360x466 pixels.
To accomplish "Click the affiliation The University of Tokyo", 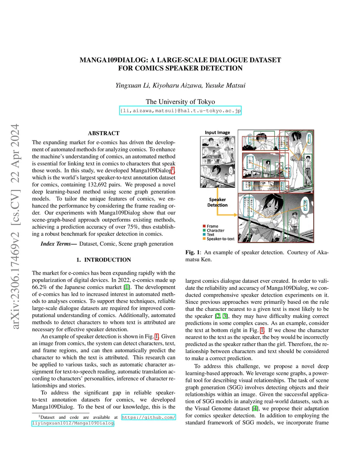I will pyautogui.click(x=180, y=102).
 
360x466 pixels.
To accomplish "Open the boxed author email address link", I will pyautogui.click(x=180, y=111).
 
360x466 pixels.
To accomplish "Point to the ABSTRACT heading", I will pyautogui.click(x=104, y=133).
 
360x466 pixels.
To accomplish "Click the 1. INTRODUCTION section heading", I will pyautogui.click(x=104, y=260).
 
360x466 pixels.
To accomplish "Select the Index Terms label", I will pyautogui.click(x=58, y=244).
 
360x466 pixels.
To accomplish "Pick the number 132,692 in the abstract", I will pyautogui.click(x=97, y=185).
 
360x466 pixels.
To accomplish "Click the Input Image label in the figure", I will pyautogui.click(x=217, y=133).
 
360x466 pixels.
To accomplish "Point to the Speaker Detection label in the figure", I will pyautogui.click(x=217, y=202).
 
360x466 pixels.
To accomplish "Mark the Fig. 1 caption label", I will pyautogui.click(x=193, y=253).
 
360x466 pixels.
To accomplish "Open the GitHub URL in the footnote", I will pyautogui.click(x=148, y=417).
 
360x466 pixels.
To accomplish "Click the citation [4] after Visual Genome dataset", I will pyautogui.click(x=255, y=409).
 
